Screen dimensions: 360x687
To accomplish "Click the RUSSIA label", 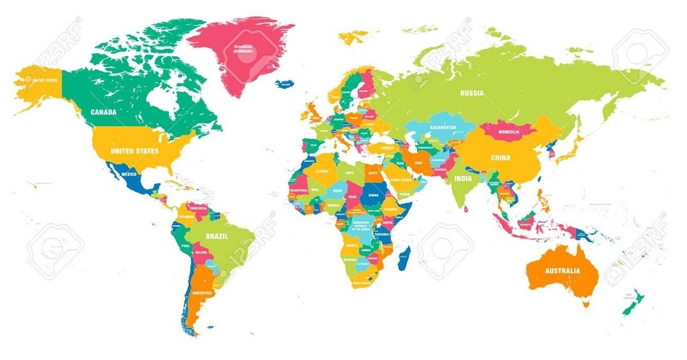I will (x=472, y=93).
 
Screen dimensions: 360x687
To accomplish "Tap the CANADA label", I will (x=104, y=112).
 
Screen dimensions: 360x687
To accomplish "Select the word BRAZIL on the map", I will (x=217, y=236).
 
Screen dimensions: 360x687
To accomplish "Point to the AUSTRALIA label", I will (x=562, y=271).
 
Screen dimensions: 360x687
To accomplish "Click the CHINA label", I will (x=500, y=158).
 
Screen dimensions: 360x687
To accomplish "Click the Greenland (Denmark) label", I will (x=243, y=50).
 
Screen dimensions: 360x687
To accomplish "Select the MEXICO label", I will (x=129, y=175).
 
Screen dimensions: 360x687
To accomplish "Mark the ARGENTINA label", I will (x=201, y=293).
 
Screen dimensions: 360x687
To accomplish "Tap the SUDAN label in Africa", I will (x=374, y=195).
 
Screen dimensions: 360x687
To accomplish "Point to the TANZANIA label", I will (x=382, y=234).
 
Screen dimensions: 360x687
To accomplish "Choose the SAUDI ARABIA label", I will (x=401, y=180).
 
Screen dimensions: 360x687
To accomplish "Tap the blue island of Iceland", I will (x=284, y=84).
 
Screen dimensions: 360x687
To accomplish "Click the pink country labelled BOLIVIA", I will (x=202, y=252).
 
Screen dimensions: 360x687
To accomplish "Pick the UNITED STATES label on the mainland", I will (x=134, y=151).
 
